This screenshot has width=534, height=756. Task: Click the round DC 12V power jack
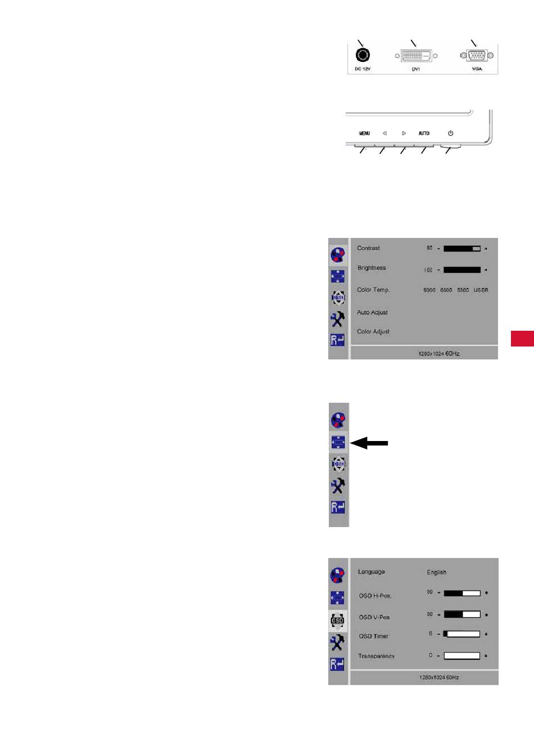tap(363, 55)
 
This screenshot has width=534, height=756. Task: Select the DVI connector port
tap(416, 56)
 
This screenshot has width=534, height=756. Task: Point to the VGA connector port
tap(477, 56)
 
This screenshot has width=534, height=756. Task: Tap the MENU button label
tap(364, 133)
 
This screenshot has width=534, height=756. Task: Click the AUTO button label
tap(424, 133)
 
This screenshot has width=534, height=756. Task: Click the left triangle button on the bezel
tap(384, 133)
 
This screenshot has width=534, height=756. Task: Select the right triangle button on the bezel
tap(404, 133)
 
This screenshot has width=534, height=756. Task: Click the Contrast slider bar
tap(461, 248)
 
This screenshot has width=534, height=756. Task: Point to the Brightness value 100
tap(428, 270)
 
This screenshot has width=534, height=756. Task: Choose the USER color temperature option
tap(481, 290)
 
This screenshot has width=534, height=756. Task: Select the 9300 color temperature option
tap(429, 290)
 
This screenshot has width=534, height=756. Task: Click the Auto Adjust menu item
tap(372, 313)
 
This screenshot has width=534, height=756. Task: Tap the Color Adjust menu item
tap(373, 332)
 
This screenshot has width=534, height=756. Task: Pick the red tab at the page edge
tap(522, 339)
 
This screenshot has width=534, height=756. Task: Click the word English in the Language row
tap(436, 573)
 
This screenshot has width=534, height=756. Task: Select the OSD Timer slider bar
tap(461, 634)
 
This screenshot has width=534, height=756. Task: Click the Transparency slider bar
tap(461, 656)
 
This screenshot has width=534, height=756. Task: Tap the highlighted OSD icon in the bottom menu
tap(337, 620)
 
